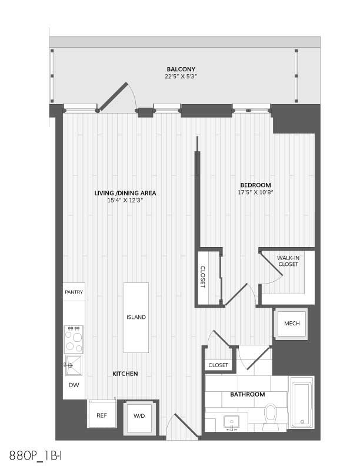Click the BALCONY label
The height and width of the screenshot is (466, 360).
point(181,69)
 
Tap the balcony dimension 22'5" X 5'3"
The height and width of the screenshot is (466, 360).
point(181,76)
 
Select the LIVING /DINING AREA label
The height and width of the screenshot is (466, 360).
point(125,193)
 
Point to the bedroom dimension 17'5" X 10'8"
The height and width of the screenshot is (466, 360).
point(255,192)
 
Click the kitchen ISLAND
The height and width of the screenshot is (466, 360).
point(136,317)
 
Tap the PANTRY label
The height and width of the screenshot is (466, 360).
point(74,292)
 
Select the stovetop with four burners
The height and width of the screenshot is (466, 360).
point(74,339)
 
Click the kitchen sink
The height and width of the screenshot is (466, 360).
point(74,365)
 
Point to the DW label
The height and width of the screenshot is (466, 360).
point(74,385)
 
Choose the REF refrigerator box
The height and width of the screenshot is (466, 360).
point(102,414)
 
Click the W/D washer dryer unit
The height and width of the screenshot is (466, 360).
point(139,417)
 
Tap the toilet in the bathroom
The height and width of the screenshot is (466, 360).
point(271,417)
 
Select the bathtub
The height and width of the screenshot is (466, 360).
point(302,403)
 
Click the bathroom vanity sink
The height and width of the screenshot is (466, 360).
point(232,422)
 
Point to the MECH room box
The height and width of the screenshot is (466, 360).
point(291,324)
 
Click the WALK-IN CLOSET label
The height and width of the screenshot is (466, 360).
point(288,261)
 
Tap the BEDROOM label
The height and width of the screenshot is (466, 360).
point(255,185)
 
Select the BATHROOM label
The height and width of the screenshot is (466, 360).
point(248,394)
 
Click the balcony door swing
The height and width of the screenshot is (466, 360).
point(117,97)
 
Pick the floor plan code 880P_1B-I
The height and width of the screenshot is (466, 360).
point(35,455)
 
